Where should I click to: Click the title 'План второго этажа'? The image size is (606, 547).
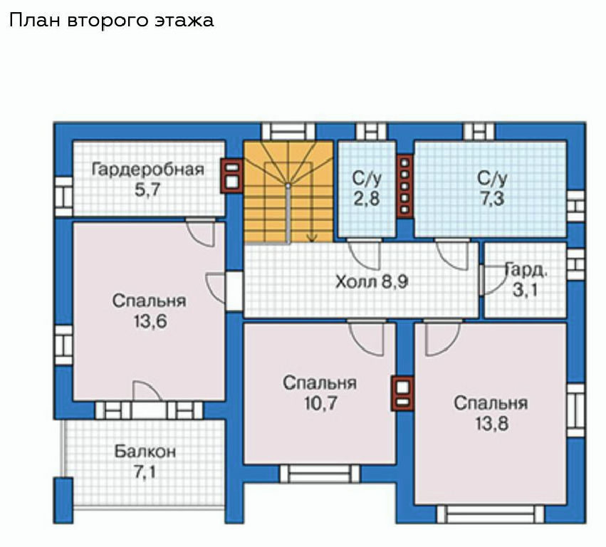click(x=111, y=21)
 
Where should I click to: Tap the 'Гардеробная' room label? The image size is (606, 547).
click(x=148, y=170)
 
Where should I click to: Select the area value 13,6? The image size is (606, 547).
click(x=150, y=321)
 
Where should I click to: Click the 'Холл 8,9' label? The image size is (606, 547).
click(x=372, y=282)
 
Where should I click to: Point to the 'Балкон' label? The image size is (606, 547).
click(x=145, y=452)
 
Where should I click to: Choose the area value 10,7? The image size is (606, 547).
click(x=320, y=404)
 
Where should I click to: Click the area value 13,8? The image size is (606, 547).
click(x=491, y=424)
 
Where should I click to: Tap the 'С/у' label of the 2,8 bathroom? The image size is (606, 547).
click(x=367, y=179)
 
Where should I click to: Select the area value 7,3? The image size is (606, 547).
click(x=492, y=199)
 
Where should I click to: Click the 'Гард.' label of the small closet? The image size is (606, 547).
click(x=526, y=271)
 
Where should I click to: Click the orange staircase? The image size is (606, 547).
click(x=288, y=192)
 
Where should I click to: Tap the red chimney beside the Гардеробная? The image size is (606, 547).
click(x=231, y=176)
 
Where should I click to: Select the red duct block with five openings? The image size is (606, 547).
click(x=404, y=187)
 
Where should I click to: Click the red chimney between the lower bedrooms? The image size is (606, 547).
click(x=402, y=393)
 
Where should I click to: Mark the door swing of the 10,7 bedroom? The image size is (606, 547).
click(x=366, y=338)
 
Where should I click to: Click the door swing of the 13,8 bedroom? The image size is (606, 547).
click(x=442, y=338)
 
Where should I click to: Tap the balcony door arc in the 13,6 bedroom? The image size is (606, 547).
click(x=147, y=390)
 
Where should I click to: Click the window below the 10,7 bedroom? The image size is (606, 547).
click(x=320, y=473)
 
